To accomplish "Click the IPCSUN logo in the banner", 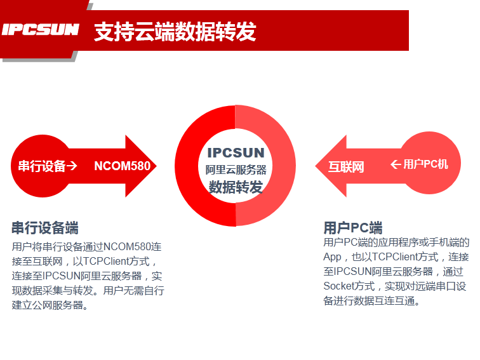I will click(40, 30).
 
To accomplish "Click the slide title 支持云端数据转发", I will click(175, 30).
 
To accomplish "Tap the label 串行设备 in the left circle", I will click(42, 166).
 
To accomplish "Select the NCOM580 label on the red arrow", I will click(123, 166).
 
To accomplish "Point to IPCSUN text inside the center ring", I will click(236, 153).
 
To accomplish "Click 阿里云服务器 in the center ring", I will click(236, 170).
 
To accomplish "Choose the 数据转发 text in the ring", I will click(236, 187).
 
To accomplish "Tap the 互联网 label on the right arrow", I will click(346, 168).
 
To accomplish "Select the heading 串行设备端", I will click(45, 229).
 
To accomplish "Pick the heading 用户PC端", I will click(353, 228).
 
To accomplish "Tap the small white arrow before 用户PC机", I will click(396, 164).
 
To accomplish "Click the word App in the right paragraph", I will click(332, 257).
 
